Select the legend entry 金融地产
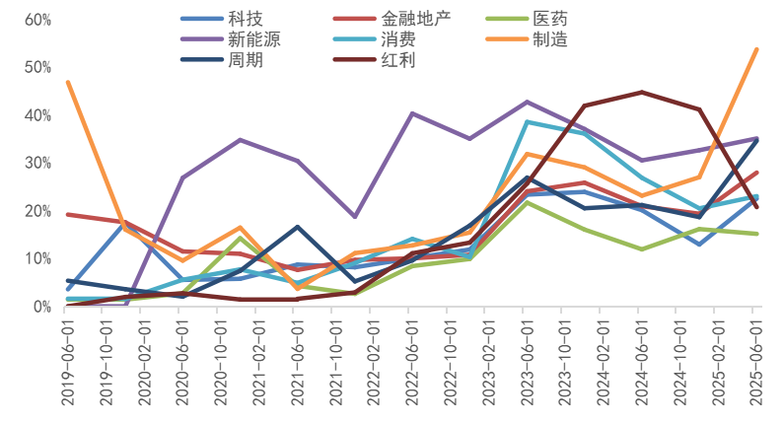[x=414, y=19]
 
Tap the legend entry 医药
[x=549, y=19]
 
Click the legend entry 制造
[x=549, y=39]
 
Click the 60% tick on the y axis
[x=36, y=20]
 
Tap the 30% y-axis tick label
[x=36, y=163]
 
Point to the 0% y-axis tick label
[x=40, y=307]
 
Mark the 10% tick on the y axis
[x=36, y=258]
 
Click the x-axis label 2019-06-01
[x=67, y=364]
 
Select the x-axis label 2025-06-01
[x=757, y=364]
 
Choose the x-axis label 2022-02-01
[x=374, y=364]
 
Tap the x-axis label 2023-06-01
[x=528, y=364]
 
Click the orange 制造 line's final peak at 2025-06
[x=756, y=48]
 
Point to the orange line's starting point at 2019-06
[x=67, y=82]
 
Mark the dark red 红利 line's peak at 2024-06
[x=642, y=92]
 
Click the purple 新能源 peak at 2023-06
[x=528, y=102]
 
